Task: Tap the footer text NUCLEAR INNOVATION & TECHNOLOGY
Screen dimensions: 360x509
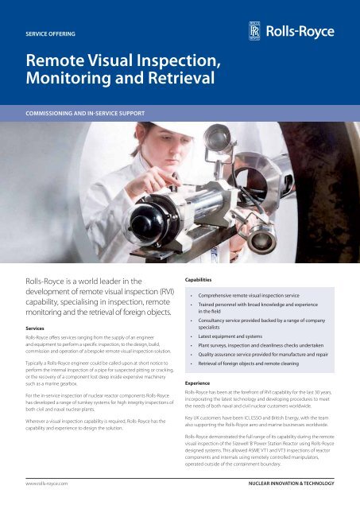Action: click(x=288, y=482)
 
